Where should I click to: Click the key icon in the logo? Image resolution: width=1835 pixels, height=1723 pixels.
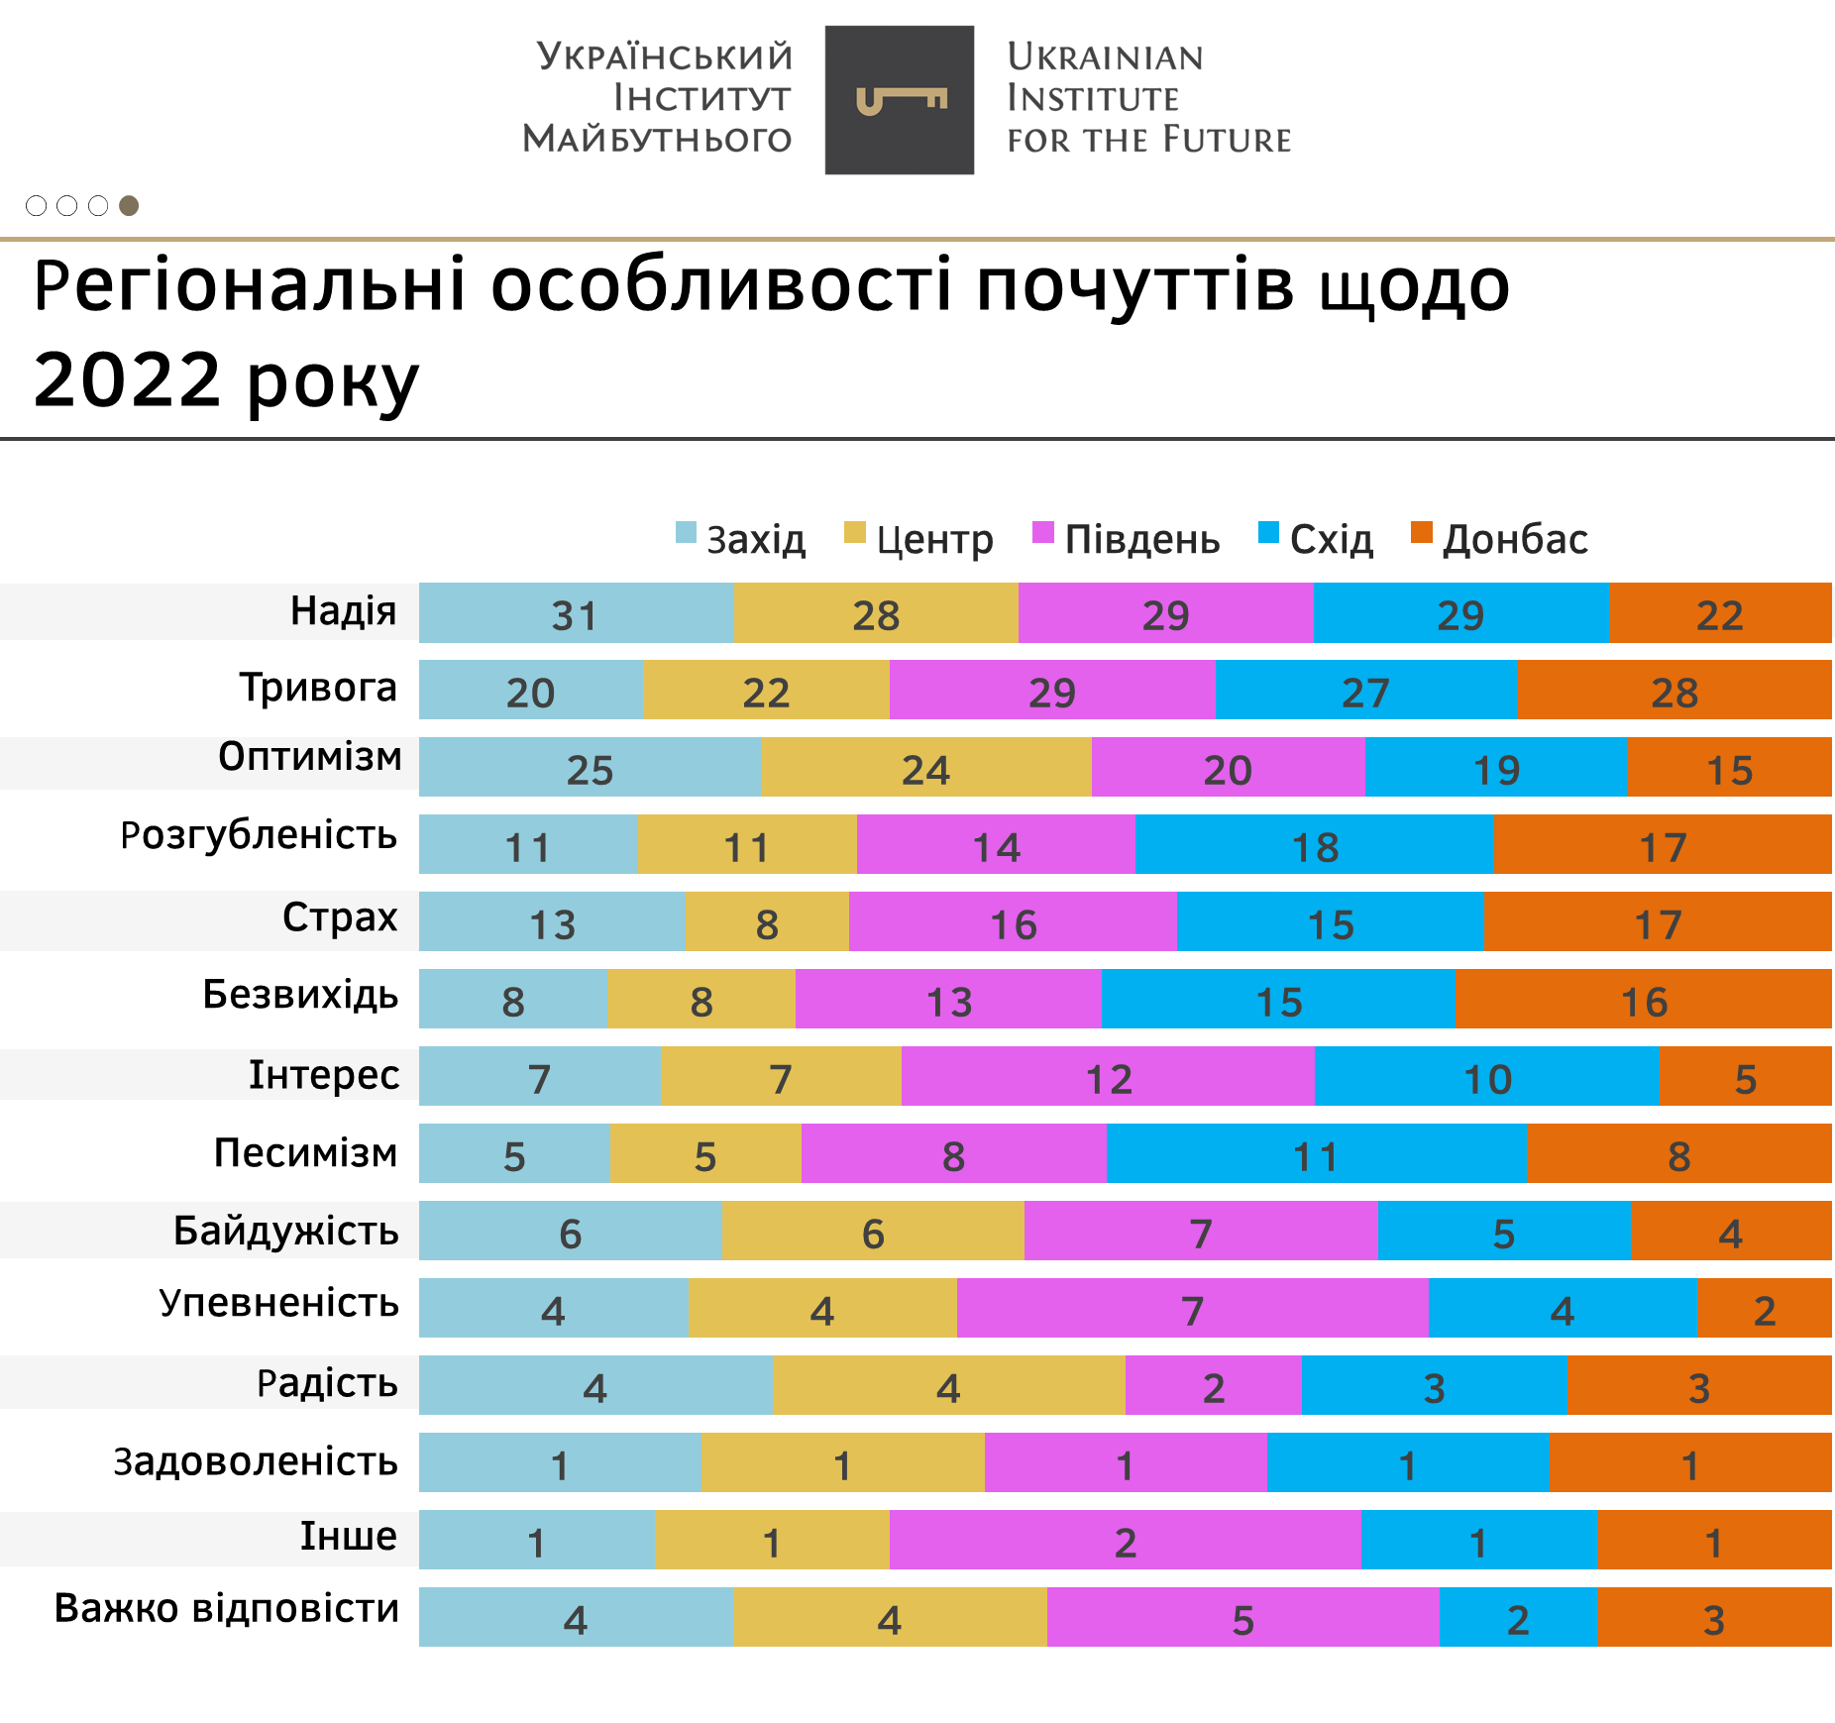point(901,100)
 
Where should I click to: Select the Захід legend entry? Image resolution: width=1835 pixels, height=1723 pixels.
point(741,539)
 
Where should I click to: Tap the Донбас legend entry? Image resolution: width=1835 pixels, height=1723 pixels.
point(1500,539)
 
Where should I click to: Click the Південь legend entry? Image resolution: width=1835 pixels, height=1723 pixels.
point(1127,539)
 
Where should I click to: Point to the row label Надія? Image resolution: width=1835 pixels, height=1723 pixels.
point(343,611)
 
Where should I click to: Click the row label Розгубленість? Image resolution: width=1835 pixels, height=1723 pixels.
point(259,835)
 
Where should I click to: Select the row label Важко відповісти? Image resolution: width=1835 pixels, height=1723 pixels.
point(227,1608)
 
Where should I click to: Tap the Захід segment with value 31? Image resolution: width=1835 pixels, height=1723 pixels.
point(576,613)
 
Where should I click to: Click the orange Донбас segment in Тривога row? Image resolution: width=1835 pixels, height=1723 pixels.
point(1673,691)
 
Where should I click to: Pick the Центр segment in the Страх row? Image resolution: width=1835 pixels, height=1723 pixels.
point(766,922)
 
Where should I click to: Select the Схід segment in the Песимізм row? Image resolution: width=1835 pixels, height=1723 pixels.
point(1316,1154)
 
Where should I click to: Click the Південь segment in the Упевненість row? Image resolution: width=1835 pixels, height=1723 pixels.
point(1192,1309)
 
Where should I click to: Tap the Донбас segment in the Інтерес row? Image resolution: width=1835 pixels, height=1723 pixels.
point(1745,1077)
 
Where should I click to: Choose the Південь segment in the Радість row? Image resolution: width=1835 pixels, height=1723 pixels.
point(1213,1386)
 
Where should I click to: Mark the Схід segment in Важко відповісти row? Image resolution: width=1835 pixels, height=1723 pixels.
point(1517,1618)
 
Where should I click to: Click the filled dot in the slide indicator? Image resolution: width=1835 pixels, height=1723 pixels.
point(129,206)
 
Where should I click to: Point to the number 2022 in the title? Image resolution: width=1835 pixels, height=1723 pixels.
point(127,380)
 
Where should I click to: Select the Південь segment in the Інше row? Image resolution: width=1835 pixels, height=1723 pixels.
point(1125,1541)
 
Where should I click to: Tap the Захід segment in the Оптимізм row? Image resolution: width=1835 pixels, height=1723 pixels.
point(590,768)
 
